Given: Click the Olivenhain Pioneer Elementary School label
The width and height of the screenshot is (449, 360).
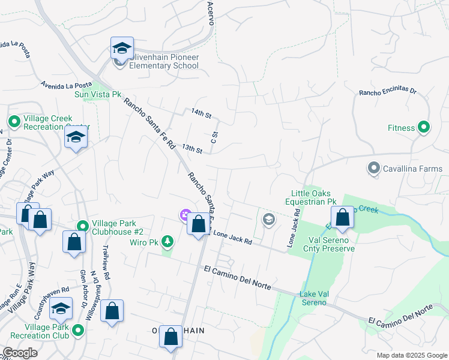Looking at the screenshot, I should click(164, 61).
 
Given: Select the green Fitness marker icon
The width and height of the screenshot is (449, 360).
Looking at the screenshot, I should click(424, 127).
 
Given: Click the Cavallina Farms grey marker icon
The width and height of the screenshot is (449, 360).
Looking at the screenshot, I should click(374, 168).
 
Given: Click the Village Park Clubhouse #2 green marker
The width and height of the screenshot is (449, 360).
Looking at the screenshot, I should click(83, 226).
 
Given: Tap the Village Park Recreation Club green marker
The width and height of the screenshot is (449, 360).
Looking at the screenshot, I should click(77, 329).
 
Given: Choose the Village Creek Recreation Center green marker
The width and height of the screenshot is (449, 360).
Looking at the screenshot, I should click(14, 122).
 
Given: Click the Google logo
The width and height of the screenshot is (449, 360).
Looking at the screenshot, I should click(19, 353).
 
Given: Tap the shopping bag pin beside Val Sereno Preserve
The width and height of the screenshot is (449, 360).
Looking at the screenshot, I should click(342, 218).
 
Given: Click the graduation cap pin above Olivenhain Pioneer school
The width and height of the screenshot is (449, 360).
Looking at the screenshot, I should click(122, 48).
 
